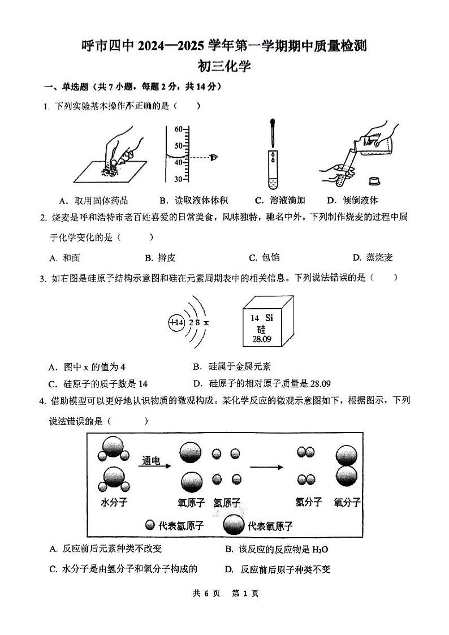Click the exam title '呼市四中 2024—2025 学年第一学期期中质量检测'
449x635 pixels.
tap(224, 45)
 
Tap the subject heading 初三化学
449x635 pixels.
tap(224, 66)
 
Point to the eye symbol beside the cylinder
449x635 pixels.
tap(214, 157)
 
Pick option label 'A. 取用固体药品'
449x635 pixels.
tap(93, 200)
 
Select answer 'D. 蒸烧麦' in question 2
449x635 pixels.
tap(372, 258)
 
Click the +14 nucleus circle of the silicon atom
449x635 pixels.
tap(176, 322)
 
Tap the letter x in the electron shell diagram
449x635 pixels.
tap(206, 322)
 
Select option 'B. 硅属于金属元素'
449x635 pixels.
tap(232, 367)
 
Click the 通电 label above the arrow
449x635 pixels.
tap(152, 461)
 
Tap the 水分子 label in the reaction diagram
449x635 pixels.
tap(114, 502)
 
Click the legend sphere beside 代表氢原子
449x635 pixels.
tap(150, 525)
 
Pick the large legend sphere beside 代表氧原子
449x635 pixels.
tap(235, 525)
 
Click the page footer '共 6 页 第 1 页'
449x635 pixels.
tap(225, 593)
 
